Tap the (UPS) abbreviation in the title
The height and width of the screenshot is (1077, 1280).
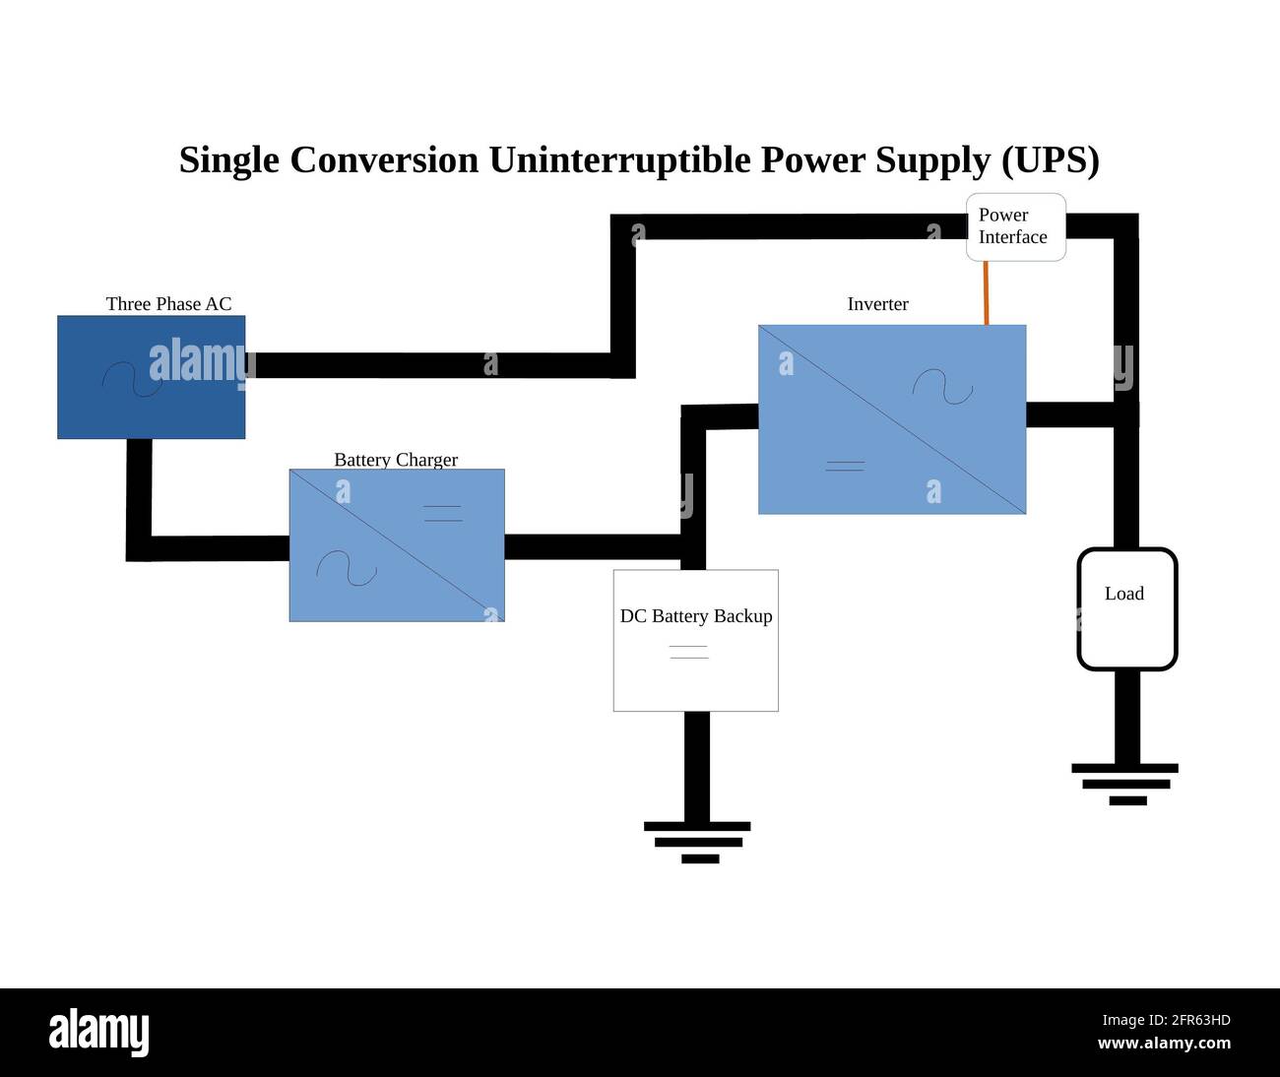point(1050,159)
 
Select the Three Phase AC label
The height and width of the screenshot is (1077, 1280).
point(168,304)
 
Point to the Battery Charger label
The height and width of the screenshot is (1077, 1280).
point(396,460)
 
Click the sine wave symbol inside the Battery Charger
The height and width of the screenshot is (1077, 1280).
point(346,568)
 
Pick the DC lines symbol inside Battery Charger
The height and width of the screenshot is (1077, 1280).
point(442,513)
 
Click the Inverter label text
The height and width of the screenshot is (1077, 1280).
point(877,304)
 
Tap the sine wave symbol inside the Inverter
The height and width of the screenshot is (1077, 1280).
point(942,387)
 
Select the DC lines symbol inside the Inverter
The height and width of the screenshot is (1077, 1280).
point(845,466)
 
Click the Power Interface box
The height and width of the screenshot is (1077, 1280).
point(1015,227)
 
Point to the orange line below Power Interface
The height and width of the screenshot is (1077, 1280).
point(986,292)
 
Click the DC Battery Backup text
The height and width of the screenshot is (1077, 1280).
point(696,616)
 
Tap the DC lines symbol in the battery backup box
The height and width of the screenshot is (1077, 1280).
point(688,652)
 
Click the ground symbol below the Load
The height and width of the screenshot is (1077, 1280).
point(1125,784)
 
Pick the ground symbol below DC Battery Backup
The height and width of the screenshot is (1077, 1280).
point(697,842)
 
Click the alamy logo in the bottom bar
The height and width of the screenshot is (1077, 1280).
point(99,1033)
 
